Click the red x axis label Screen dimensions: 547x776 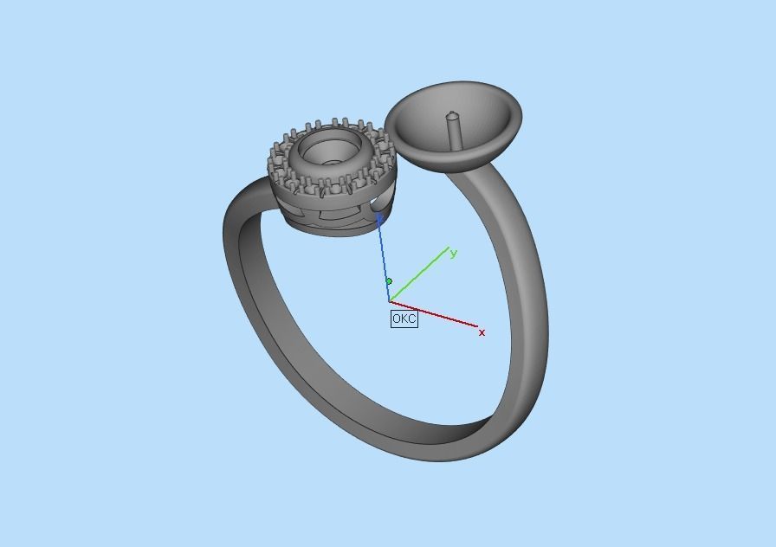pyautogui.click(x=482, y=332)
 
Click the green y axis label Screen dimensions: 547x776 pyautogui.click(x=453, y=254)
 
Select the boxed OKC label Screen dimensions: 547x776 pyautogui.click(x=404, y=319)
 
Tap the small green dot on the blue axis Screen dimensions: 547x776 pyautogui.click(x=389, y=281)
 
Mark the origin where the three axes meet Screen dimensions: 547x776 pyautogui.click(x=391, y=301)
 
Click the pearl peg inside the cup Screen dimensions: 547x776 pyautogui.click(x=452, y=130)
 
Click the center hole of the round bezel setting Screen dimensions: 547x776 pyautogui.click(x=332, y=161)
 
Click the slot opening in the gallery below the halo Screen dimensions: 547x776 pyautogui.click(x=378, y=203)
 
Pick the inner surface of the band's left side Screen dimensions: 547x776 pyautogui.click(x=260, y=286)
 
